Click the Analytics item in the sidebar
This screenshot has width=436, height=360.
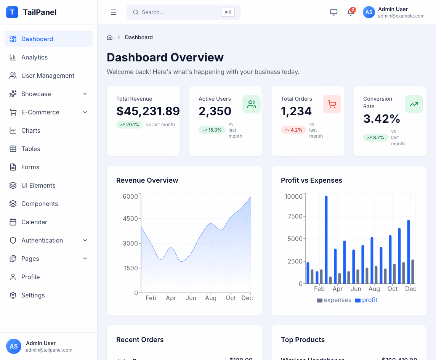point(34,57)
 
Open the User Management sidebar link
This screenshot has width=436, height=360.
point(48,76)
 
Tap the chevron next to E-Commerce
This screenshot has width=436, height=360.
point(85,112)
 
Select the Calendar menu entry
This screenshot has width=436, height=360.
point(34,222)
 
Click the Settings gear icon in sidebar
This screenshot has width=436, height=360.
point(13,295)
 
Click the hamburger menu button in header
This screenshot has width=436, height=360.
point(114,12)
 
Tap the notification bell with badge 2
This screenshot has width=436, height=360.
point(351,12)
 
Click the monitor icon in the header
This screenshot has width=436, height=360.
point(334,12)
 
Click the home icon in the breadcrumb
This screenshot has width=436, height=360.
point(110,37)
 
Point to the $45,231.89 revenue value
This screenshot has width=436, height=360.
point(148,111)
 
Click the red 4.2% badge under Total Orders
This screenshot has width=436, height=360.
point(293,130)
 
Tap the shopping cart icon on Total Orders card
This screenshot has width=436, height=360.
point(332,104)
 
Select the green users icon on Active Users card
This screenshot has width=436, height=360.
point(252,104)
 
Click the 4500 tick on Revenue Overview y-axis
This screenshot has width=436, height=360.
point(130,219)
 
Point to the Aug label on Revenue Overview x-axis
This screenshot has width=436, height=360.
point(211,298)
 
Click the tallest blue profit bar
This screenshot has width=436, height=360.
point(326,239)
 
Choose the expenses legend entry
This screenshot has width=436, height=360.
point(334,300)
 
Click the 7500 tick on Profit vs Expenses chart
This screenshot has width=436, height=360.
point(293,216)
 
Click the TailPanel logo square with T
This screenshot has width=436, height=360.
point(12,12)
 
